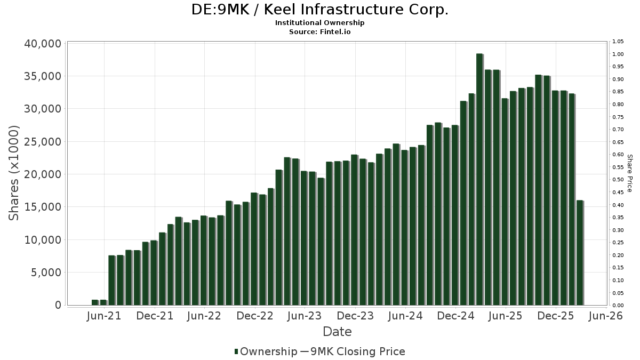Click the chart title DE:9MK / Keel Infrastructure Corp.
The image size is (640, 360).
319,10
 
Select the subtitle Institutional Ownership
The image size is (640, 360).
319,23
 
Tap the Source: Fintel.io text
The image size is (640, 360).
319,31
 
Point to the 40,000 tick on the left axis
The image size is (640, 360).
43,44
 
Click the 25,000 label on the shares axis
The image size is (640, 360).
43,142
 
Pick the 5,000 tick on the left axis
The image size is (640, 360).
47,273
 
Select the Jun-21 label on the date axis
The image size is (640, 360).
104,316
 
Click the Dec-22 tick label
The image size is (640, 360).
255,316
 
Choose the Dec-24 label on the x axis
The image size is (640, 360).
456,316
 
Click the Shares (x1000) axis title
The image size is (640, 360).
14,173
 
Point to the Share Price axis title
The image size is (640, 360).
629,173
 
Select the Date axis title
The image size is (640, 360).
337,332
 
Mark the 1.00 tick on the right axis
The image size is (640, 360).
618,54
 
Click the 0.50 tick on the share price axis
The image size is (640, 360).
618,180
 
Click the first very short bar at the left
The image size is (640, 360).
95,302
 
